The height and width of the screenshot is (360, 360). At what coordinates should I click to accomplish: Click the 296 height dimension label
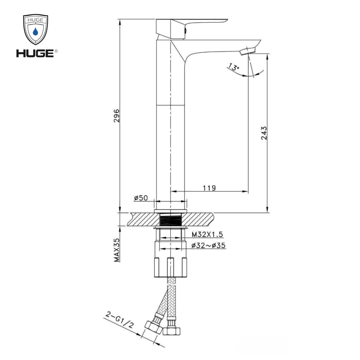pyautogui.click(x=117, y=116)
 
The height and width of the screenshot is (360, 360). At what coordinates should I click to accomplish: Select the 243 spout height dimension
pyautogui.click(x=264, y=133)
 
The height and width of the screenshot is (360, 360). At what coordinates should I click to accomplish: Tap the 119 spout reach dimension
pyautogui.click(x=209, y=188)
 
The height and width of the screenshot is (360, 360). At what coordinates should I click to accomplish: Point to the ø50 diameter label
pyautogui.click(x=141, y=198)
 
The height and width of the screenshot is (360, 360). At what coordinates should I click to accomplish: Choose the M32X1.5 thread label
pyautogui.click(x=207, y=234)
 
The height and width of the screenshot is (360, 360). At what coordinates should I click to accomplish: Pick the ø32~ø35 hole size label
pyautogui.click(x=208, y=246)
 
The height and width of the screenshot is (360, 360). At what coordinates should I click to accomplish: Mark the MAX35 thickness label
pyautogui.click(x=117, y=250)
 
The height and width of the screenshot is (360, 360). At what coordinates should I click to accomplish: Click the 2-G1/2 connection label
pyautogui.click(x=119, y=320)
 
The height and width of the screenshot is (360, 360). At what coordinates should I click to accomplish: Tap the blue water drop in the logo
pyautogui.click(x=35, y=31)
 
